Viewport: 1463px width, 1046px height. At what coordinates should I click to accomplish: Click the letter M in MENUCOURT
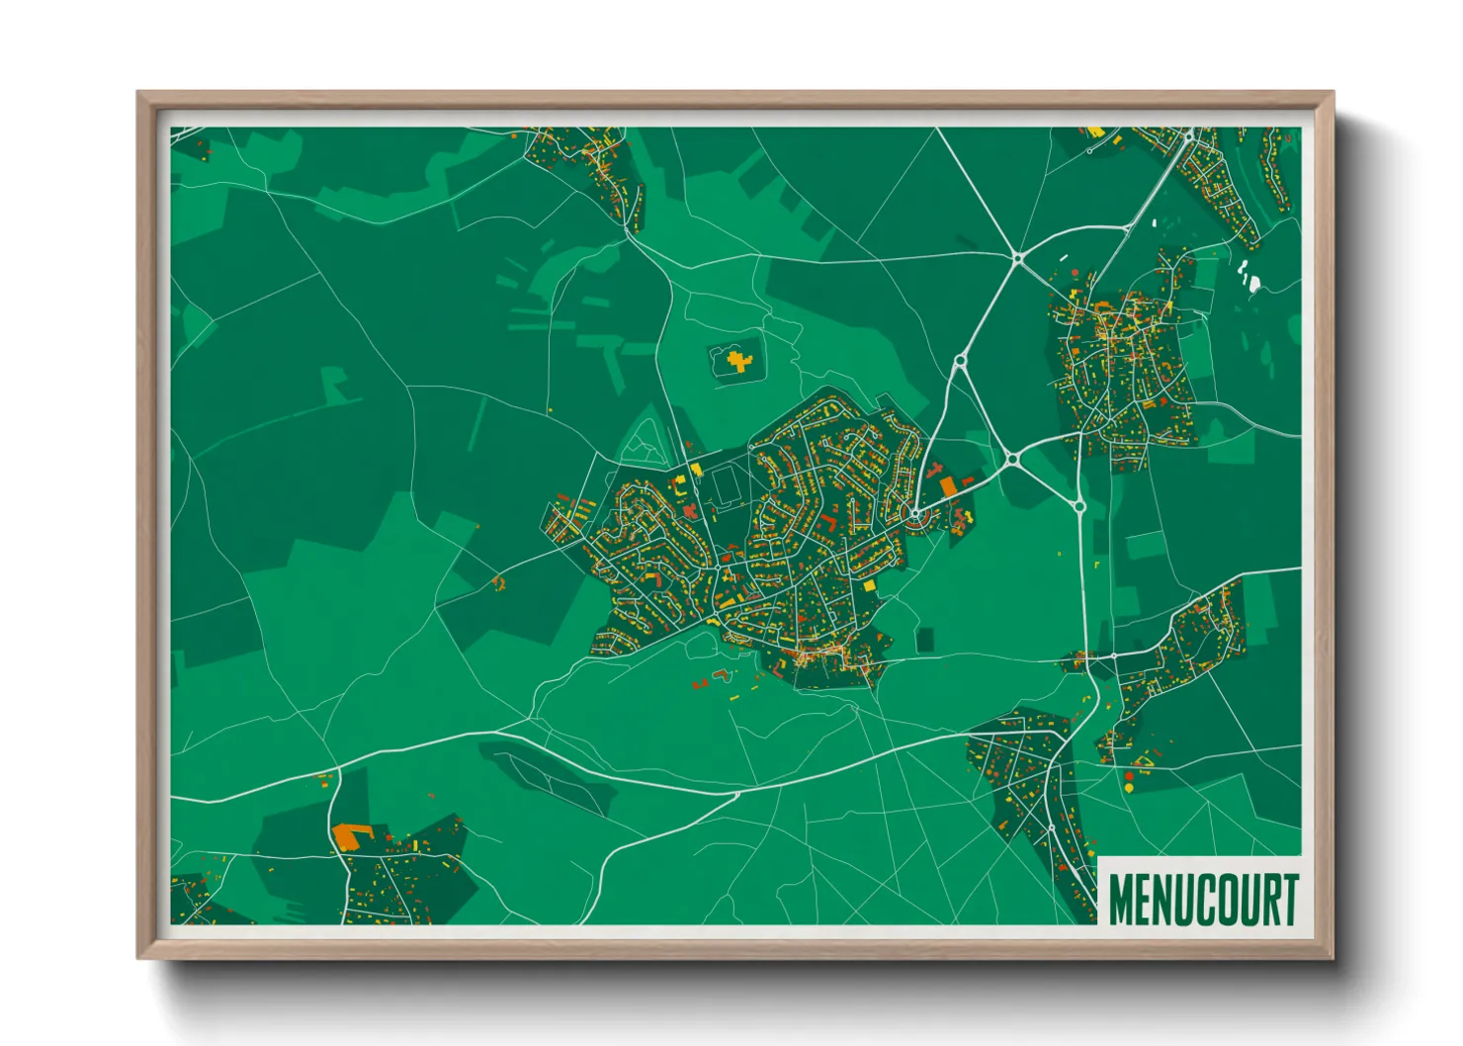click(1121, 900)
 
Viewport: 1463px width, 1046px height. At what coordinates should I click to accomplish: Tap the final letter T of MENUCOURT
click(1287, 900)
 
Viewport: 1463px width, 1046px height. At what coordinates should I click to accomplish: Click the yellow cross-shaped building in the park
click(737, 361)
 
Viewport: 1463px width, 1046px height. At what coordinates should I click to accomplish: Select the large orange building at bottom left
click(347, 835)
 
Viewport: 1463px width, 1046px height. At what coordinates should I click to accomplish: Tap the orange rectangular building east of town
click(948, 486)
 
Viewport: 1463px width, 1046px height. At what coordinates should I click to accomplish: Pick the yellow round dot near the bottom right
click(1129, 789)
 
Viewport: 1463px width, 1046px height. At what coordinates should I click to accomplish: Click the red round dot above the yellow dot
click(1129, 777)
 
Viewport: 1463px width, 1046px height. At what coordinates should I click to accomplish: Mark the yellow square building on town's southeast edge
click(870, 586)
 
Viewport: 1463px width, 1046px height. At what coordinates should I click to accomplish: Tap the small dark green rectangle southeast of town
click(924, 640)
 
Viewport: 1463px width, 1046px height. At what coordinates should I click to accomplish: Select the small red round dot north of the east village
click(1075, 271)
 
